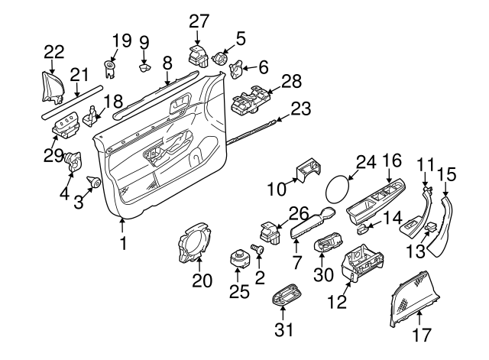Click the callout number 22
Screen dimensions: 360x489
pos(53,52)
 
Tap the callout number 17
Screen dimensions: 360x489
pos(422,334)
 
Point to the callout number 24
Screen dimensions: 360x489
pos(366,162)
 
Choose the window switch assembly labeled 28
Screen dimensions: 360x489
pos(249,103)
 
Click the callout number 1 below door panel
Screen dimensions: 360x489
pos(121,246)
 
